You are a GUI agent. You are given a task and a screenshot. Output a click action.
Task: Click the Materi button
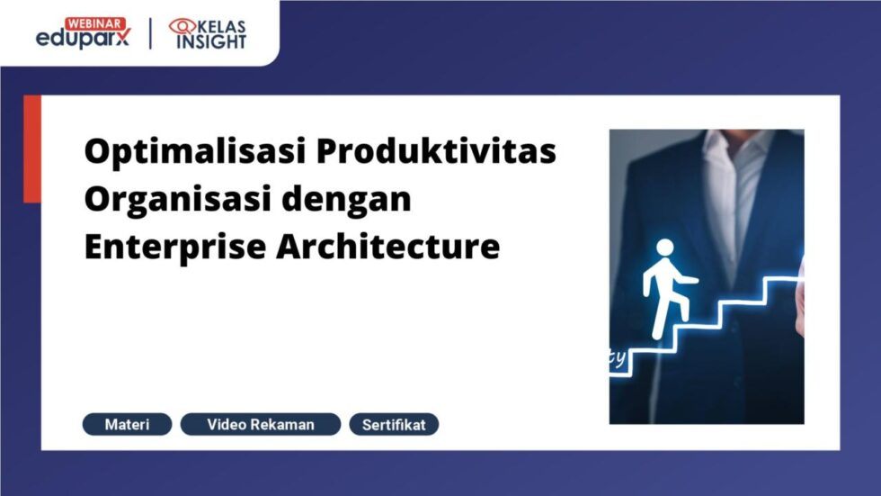pos(127,424)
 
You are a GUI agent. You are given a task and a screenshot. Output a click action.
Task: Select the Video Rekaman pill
pos(261,424)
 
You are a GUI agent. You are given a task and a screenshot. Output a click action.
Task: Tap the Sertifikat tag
pos(394,424)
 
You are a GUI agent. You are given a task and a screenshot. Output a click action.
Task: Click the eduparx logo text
pos(83,38)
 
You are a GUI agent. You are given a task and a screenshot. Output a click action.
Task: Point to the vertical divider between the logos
pos(151,33)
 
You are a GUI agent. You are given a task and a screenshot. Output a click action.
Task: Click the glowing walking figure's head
pos(664,248)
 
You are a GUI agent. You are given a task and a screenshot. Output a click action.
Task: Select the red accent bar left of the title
pos(32,149)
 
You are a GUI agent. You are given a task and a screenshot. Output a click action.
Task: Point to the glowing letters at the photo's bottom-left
pos(618,357)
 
